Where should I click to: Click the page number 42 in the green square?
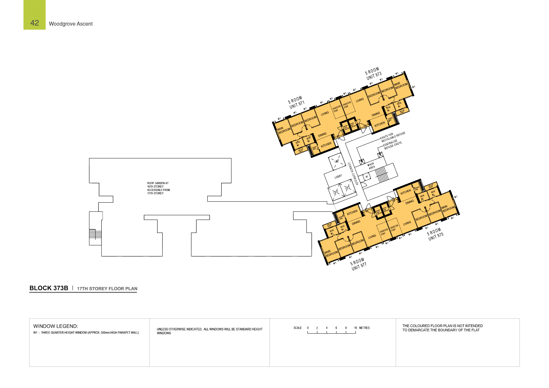[x=35, y=23]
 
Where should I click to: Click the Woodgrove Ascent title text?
[x=71, y=24]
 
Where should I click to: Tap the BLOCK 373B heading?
[x=49, y=288]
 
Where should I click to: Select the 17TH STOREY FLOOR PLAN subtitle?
[x=107, y=289]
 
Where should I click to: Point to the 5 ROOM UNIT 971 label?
[x=296, y=102]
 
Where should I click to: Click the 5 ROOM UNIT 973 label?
[x=373, y=74]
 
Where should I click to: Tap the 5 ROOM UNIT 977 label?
[x=358, y=264]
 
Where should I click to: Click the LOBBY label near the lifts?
[x=338, y=177]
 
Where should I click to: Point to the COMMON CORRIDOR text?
[x=352, y=174]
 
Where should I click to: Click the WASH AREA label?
[x=371, y=166]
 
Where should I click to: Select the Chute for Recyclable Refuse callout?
[x=393, y=137]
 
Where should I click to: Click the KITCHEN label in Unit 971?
[x=326, y=145]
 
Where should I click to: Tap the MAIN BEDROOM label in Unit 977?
[x=331, y=253]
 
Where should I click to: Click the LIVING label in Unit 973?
[x=360, y=100]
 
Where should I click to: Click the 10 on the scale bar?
[x=355, y=328]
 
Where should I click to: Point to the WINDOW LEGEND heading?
[x=55, y=326]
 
